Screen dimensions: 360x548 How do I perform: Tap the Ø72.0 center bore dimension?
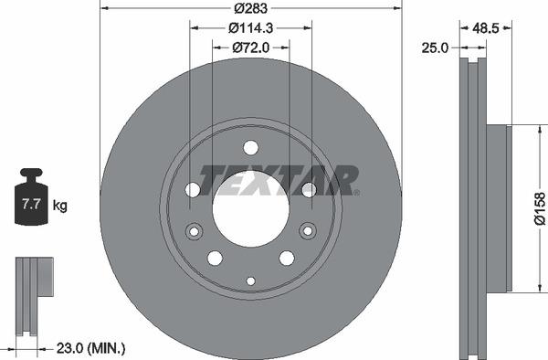250,48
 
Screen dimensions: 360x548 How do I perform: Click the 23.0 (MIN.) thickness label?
90,348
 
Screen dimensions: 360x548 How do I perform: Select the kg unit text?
60,206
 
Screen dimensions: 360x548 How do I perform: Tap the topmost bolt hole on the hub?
250,148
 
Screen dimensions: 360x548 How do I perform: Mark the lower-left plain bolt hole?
214,258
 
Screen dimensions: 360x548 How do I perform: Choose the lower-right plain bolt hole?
287,258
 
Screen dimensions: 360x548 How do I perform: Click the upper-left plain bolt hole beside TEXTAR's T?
193,189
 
